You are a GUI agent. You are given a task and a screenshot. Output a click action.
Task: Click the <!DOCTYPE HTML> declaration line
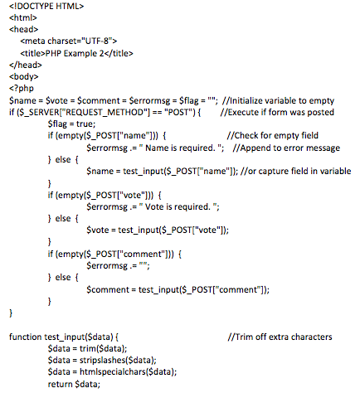click(x=46, y=6)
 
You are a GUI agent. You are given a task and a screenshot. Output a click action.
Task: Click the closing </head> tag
click(x=26, y=65)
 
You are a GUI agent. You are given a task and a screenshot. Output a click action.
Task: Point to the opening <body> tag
click(x=24, y=76)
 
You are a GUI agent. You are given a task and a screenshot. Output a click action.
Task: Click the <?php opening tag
click(x=22, y=89)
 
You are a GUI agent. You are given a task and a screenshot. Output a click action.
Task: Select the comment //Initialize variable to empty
click(x=278, y=100)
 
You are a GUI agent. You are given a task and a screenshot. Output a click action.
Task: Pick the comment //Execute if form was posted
click(x=277, y=112)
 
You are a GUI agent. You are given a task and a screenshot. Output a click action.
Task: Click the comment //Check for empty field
click(x=273, y=135)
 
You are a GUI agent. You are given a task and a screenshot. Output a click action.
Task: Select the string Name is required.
click(x=180, y=148)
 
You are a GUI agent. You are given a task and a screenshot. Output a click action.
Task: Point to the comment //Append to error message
click(x=286, y=148)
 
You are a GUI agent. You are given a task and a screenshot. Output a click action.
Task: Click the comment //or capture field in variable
click(x=296, y=171)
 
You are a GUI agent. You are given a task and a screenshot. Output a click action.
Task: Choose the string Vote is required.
click(x=178, y=206)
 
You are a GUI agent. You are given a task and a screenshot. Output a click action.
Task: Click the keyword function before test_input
click(x=26, y=337)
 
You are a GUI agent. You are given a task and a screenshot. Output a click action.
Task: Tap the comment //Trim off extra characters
click(x=280, y=337)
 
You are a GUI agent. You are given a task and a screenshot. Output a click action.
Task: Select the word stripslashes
click(x=102, y=361)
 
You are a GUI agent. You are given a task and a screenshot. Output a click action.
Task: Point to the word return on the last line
click(x=60, y=384)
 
